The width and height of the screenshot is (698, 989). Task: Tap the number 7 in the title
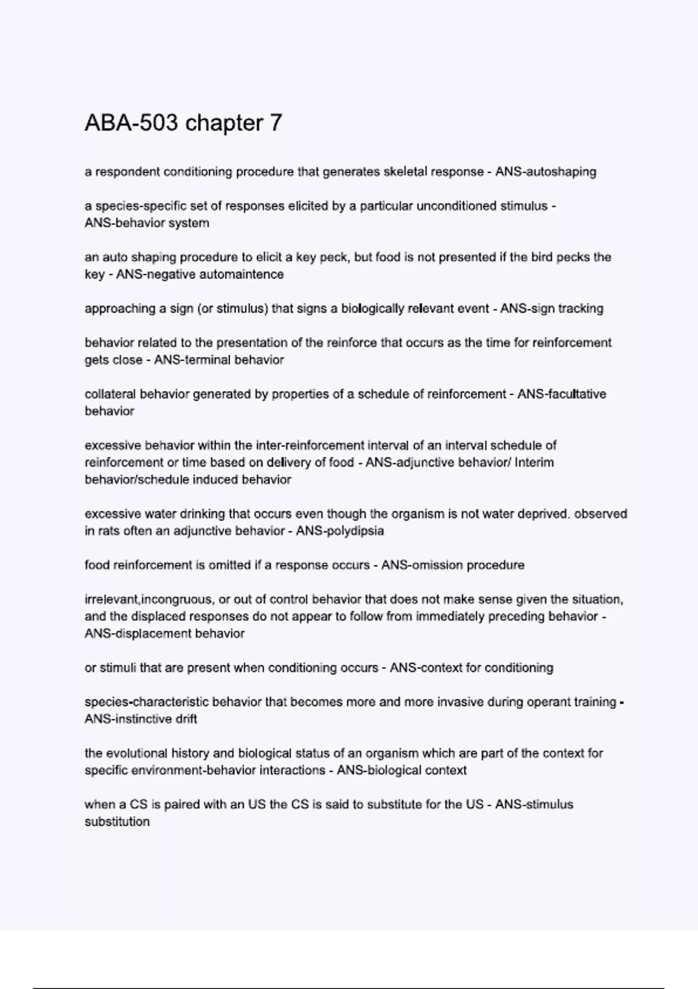(275, 123)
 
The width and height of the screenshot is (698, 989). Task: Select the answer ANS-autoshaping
(546, 172)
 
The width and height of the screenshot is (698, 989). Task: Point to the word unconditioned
(457, 206)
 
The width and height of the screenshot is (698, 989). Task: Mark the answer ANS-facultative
(562, 394)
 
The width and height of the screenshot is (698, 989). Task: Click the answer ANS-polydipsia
(340, 531)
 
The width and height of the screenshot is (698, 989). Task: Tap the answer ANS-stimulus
(534, 805)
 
